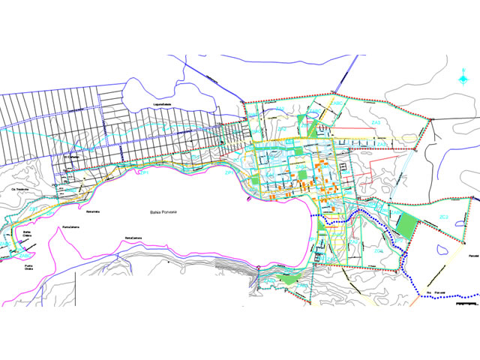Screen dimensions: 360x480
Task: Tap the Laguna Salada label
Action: (163, 104)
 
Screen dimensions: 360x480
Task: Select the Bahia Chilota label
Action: (28, 235)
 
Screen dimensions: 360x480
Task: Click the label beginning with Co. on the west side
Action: (19, 190)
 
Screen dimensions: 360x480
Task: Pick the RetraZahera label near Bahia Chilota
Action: (72, 226)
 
